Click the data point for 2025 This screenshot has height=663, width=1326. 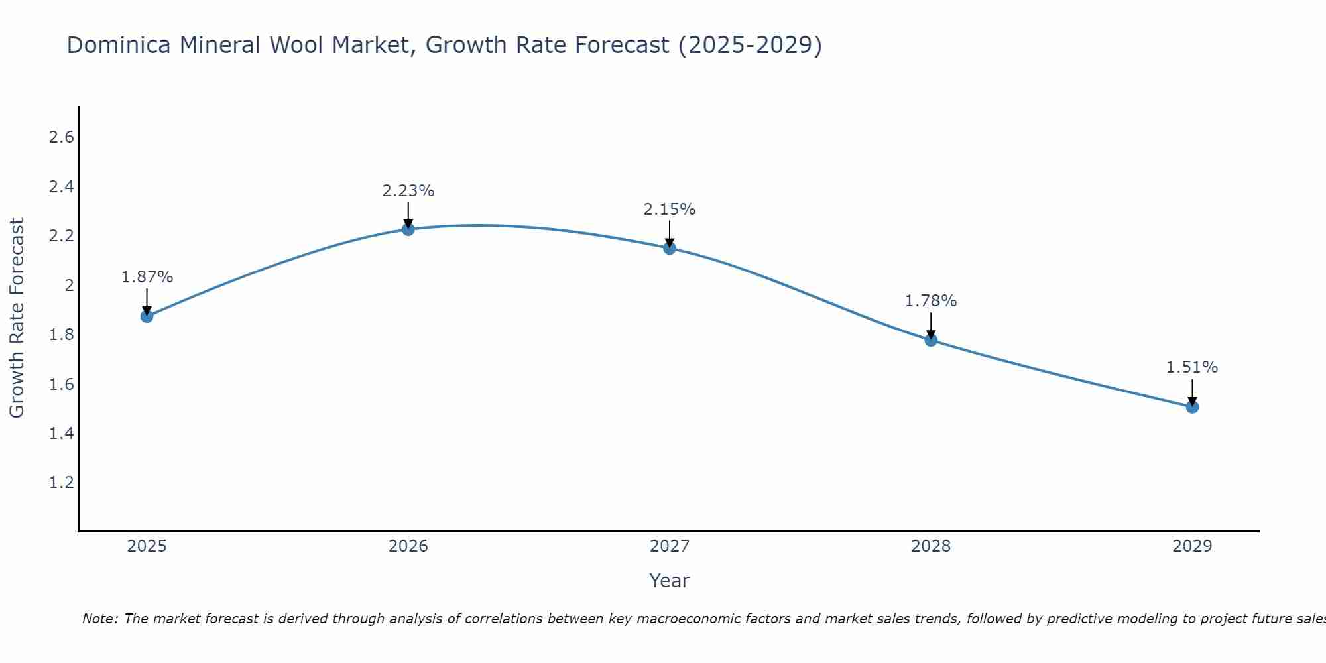(x=147, y=316)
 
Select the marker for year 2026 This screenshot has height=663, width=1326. (x=408, y=229)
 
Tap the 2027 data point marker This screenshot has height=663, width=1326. (x=670, y=248)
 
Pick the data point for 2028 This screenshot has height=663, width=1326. (x=931, y=340)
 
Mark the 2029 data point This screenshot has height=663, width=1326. (x=1192, y=406)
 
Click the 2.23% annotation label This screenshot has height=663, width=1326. (x=408, y=191)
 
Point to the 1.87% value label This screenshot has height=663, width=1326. (x=147, y=277)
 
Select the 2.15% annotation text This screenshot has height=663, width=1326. (x=670, y=210)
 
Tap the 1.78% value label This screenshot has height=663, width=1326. (x=931, y=301)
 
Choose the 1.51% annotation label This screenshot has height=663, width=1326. (x=1192, y=367)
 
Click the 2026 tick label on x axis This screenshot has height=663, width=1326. (x=408, y=546)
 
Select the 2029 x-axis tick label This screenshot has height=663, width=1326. (x=1192, y=546)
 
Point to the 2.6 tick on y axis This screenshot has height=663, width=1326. (x=61, y=137)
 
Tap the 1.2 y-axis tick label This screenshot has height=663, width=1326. (x=61, y=482)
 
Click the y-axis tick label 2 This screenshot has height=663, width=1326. (x=68, y=285)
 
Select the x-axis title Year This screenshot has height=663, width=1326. (x=670, y=581)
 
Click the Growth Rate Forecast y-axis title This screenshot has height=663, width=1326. (x=17, y=318)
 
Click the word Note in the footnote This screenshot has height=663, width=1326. (x=99, y=619)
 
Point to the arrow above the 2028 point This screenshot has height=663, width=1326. (x=931, y=325)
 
